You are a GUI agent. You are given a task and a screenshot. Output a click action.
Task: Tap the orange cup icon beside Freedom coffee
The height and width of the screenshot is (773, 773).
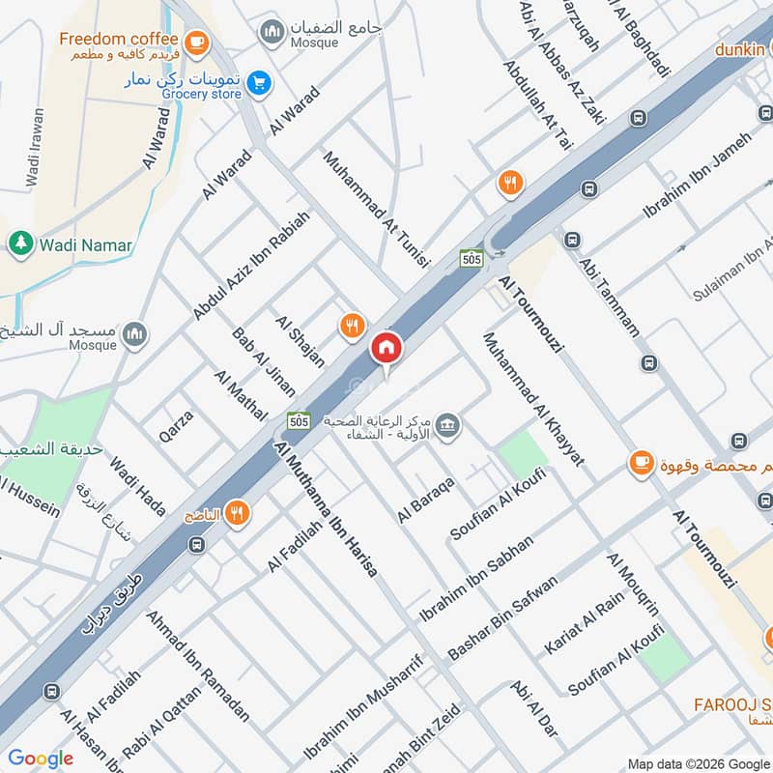[196, 41]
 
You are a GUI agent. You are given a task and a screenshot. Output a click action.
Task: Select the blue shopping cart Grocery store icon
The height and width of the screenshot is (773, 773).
[257, 83]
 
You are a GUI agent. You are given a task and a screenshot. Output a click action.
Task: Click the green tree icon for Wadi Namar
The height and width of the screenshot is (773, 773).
[19, 244]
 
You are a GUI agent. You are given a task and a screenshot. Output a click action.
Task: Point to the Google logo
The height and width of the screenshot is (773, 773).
[41, 758]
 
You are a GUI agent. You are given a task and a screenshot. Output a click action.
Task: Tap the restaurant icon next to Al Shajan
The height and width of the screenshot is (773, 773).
[353, 327]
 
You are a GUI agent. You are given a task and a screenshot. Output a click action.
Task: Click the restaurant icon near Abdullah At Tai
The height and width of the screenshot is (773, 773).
[511, 181]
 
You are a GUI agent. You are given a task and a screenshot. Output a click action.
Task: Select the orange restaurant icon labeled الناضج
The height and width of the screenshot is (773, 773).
[237, 514]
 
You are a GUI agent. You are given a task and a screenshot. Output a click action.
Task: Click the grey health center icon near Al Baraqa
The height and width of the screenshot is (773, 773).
[446, 424]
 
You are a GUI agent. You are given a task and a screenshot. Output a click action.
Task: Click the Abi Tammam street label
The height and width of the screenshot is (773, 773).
[608, 296]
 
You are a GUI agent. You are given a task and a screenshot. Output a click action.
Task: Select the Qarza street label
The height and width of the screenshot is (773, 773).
[176, 426]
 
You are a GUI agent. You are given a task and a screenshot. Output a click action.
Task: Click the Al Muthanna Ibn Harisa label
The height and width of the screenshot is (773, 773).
[326, 508]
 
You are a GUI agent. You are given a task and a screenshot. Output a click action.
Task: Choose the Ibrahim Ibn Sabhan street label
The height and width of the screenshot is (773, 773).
[475, 578]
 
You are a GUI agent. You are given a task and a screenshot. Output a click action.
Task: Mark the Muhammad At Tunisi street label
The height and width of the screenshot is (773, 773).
[375, 220]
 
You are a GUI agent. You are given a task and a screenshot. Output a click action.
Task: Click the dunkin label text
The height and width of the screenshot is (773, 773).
[741, 47]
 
